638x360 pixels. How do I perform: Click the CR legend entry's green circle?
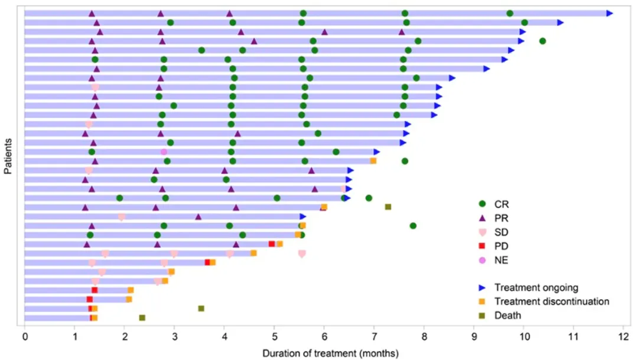coord(482,204)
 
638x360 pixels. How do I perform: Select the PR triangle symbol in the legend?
coord(482,218)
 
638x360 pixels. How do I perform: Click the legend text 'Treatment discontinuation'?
coord(552,301)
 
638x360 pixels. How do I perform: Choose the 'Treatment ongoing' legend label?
coord(536,288)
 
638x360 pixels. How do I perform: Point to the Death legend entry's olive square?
coord(482,316)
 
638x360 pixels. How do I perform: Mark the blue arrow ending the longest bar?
coord(610,13)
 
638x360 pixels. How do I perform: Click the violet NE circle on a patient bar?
coord(164,152)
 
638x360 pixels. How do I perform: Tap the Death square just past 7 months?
coord(388,207)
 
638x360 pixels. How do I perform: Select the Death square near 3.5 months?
coord(201,309)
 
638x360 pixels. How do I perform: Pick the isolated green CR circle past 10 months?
coord(543,41)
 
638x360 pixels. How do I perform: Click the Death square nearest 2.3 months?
coord(142,318)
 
